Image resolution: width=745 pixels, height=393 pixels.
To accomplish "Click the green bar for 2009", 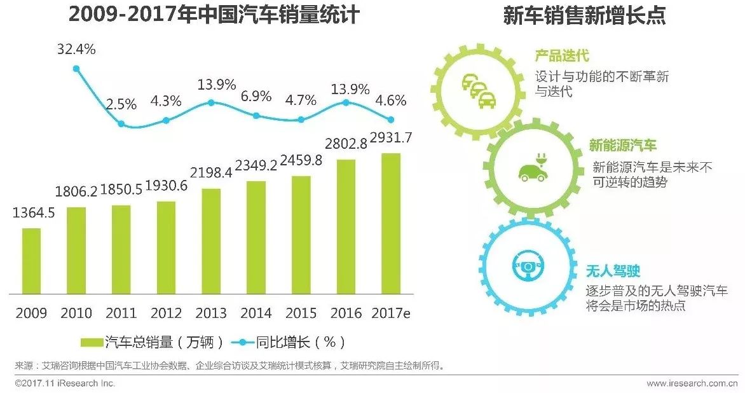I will click(31, 261).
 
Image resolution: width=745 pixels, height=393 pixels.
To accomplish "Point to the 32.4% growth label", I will click(76, 48).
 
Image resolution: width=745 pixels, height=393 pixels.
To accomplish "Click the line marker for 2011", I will click(121, 123).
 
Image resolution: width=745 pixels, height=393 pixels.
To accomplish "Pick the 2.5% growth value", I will click(121, 104).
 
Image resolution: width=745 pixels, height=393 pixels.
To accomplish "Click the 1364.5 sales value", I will click(33, 213).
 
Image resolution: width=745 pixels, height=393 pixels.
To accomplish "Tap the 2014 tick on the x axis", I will click(256, 313).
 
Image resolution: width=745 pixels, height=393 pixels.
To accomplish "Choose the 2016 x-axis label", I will click(346, 313).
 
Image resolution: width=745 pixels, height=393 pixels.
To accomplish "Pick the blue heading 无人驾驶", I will click(613, 272).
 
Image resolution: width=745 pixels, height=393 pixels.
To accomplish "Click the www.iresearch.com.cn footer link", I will click(692, 383).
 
